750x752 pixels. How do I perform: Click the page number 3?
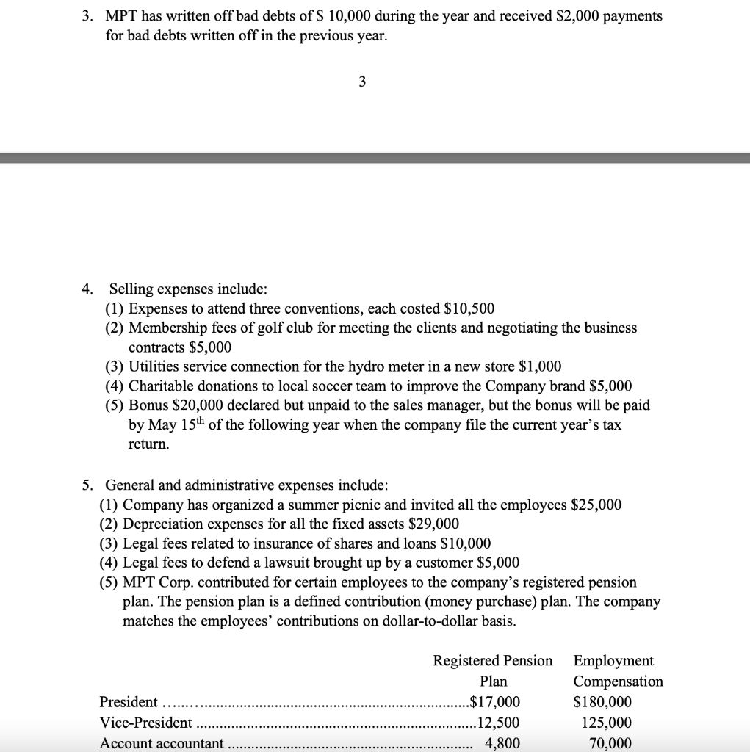pos(361,82)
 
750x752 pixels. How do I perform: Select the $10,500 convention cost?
pos(469,308)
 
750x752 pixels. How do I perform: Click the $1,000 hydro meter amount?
pos(540,366)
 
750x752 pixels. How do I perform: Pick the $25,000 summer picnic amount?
pos(596,505)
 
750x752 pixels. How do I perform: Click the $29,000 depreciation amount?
pos(433,524)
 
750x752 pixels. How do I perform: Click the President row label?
pos(129,702)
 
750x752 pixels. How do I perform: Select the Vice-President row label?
pos(145,723)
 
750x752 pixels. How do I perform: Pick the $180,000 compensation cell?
pos(602,702)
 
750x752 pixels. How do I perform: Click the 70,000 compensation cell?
pos(610,742)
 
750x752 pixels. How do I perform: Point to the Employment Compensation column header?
pos(617,670)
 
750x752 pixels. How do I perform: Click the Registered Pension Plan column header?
pos(493,670)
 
